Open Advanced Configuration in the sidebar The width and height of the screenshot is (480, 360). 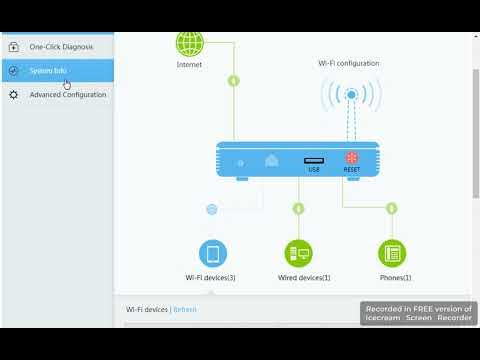[x=68, y=95]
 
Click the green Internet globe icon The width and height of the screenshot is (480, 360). [x=189, y=43]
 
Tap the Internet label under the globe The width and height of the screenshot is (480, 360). [x=189, y=64]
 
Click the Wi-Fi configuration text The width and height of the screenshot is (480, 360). [x=349, y=64]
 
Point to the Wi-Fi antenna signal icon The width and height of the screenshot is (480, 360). [x=351, y=98]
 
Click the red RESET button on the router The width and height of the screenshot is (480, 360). [x=351, y=158]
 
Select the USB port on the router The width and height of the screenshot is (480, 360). [x=313, y=160]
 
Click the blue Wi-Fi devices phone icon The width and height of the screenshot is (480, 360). [x=212, y=252]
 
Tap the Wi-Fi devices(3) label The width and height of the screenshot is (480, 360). [x=211, y=277]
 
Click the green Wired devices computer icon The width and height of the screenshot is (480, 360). [x=298, y=252]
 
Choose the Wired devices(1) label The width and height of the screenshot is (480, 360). [x=304, y=277]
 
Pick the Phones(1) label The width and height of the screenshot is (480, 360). [x=395, y=277]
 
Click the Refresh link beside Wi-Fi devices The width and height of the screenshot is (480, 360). [x=185, y=310]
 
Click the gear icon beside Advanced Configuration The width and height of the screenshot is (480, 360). [x=13, y=95]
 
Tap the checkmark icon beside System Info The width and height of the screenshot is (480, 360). [x=13, y=71]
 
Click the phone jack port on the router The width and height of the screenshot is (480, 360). [x=271, y=160]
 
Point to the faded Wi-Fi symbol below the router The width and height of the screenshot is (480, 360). [x=212, y=209]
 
